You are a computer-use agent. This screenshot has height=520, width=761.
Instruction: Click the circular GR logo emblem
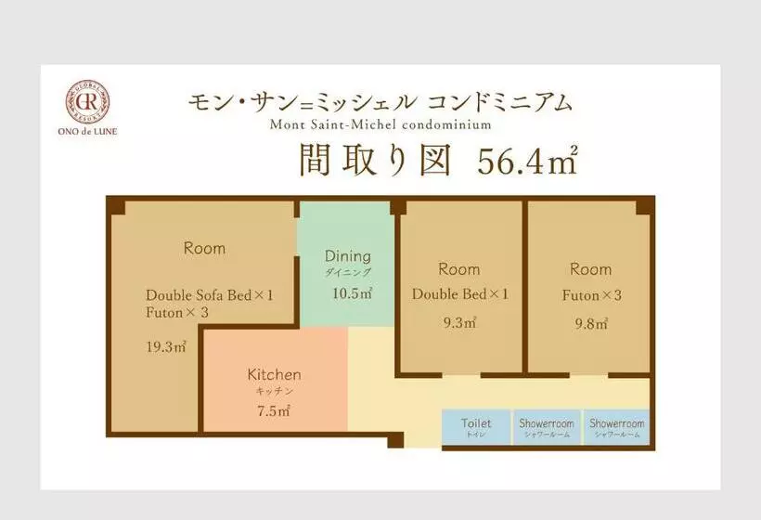pyautogui.click(x=87, y=102)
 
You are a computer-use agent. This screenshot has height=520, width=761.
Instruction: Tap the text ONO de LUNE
pyautogui.click(x=87, y=131)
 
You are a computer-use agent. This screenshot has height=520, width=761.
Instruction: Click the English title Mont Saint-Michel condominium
pyautogui.click(x=380, y=124)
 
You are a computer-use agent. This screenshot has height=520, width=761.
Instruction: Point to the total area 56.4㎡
pyautogui.click(x=527, y=160)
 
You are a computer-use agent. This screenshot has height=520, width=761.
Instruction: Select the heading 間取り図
pyautogui.click(x=375, y=160)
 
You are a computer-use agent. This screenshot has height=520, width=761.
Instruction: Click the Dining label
pyautogui.click(x=347, y=256)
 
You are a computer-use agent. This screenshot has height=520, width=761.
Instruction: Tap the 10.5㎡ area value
pyautogui.click(x=353, y=293)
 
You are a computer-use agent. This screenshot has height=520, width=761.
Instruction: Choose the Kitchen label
pyautogui.click(x=274, y=374)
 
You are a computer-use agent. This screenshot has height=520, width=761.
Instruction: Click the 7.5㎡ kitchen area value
pyautogui.click(x=274, y=411)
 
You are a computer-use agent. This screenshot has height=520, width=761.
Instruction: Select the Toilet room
pyautogui.click(x=476, y=427)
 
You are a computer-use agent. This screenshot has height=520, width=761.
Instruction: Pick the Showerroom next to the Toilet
pyautogui.click(x=547, y=427)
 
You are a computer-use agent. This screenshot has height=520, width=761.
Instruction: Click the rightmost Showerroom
pyautogui.click(x=616, y=427)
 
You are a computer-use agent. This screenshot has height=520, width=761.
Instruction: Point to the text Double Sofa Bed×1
pyautogui.click(x=210, y=295)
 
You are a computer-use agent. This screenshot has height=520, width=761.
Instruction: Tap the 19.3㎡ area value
pyautogui.click(x=166, y=346)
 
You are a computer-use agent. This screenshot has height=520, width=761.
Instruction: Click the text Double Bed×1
pyautogui.click(x=460, y=294)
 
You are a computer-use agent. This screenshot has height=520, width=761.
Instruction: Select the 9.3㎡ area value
pyautogui.click(x=459, y=322)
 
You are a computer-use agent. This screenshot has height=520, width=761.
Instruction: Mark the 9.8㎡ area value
pyautogui.click(x=591, y=323)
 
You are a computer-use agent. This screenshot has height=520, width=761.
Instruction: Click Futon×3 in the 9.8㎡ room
pyautogui.click(x=591, y=295)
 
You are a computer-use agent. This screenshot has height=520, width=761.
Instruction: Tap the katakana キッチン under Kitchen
pyautogui.click(x=274, y=391)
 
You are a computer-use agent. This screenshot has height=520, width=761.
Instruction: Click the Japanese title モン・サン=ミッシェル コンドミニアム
pyautogui.click(x=380, y=102)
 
